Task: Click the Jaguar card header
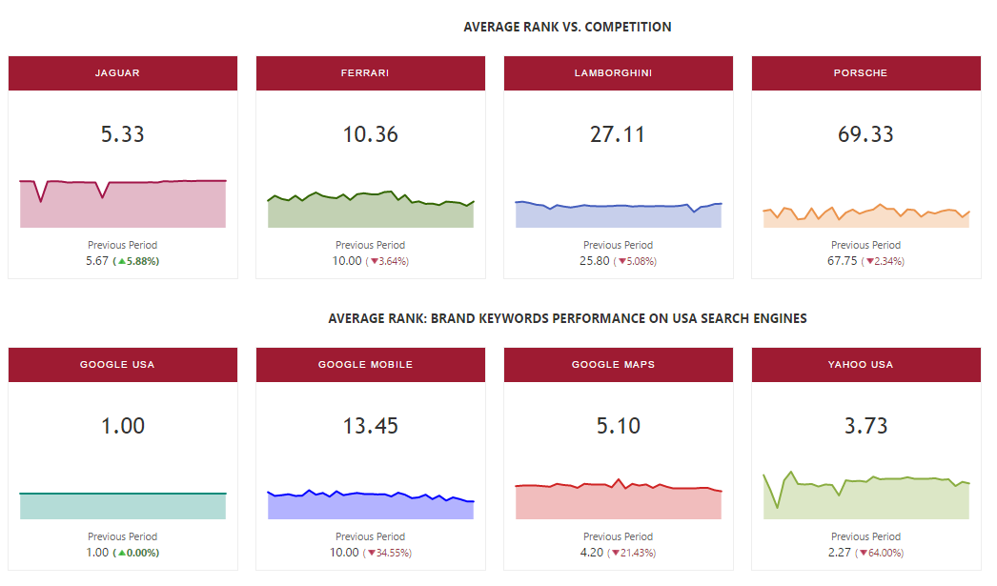click(x=122, y=73)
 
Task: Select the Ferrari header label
click(x=370, y=73)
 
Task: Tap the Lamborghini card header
click(x=618, y=73)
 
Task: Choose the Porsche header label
click(x=865, y=73)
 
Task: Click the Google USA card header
click(x=122, y=365)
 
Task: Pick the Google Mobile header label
click(x=370, y=365)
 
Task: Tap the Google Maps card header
click(x=618, y=365)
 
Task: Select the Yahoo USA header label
click(x=865, y=365)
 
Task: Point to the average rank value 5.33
click(x=122, y=134)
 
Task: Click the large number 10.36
click(x=370, y=134)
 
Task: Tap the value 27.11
click(x=618, y=134)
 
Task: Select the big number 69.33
click(x=865, y=134)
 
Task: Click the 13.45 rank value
click(x=370, y=426)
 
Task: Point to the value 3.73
click(x=865, y=426)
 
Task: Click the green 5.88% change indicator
click(x=136, y=261)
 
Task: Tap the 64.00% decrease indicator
click(x=881, y=553)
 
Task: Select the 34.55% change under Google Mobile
click(x=388, y=553)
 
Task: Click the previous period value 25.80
click(x=595, y=261)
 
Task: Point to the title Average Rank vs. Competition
click(x=567, y=27)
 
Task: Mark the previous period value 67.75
click(x=843, y=261)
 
